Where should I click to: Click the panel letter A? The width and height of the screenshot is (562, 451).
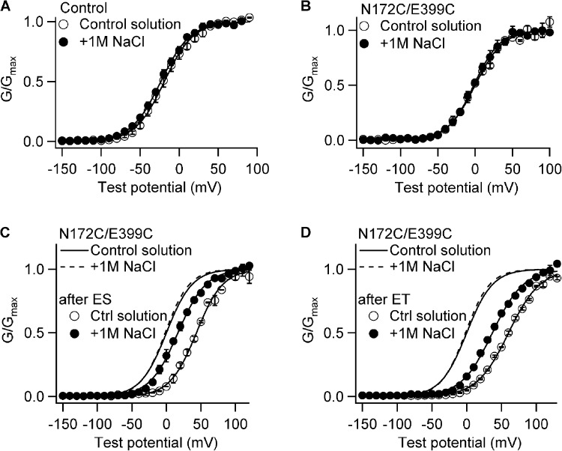coord(5,7)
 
